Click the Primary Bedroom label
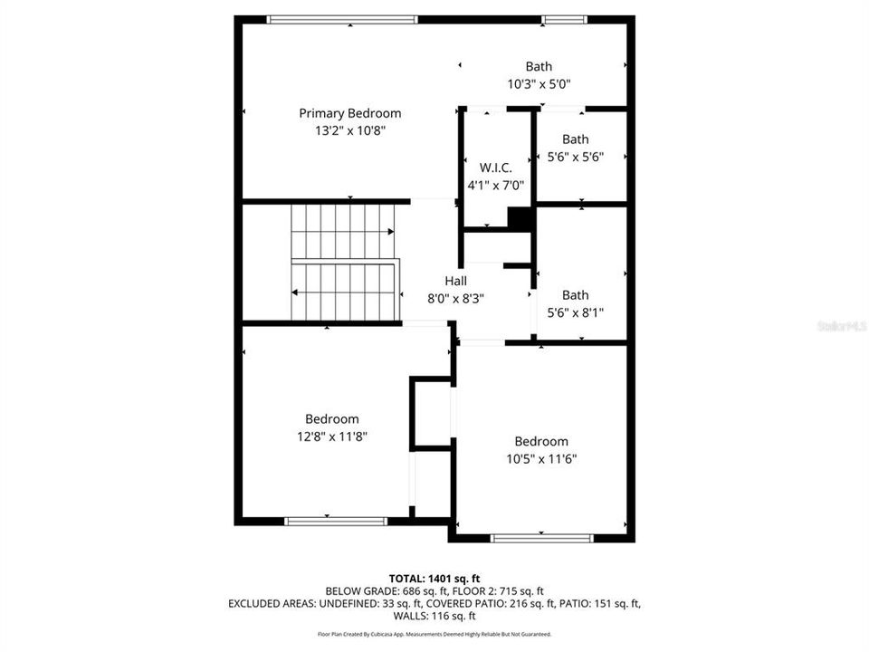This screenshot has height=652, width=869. (349, 113)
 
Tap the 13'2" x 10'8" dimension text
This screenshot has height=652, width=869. (349, 130)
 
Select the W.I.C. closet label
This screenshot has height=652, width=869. (495, 168)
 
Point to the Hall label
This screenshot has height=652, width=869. (455, 281)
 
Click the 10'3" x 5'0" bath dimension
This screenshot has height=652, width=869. (539, 83)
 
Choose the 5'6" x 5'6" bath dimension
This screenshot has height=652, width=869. (575, 157)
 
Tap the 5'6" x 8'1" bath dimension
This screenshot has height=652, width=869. (575, 312)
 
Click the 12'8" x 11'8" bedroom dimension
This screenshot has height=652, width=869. (331, 436)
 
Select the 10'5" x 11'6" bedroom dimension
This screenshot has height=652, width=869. (541, 458)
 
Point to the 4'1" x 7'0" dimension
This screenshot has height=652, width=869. (495, 185)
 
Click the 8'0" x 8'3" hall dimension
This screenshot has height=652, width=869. (455, 298)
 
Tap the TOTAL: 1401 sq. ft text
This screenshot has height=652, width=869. (434, 577)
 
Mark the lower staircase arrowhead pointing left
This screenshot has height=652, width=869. (295, 292)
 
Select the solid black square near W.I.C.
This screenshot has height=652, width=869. (520, 218)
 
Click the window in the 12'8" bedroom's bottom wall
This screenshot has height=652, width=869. (336, 521)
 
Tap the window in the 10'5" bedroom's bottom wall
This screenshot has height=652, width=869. (541, 538)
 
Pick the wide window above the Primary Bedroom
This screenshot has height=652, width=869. (343, 19)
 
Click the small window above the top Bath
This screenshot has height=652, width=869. (563, 19)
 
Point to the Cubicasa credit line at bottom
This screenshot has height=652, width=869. (434, 635)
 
